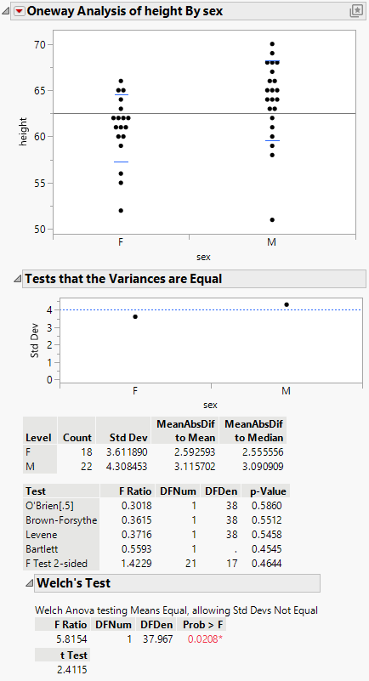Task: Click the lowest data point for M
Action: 272,219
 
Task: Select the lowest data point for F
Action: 121,210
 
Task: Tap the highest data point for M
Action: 272,43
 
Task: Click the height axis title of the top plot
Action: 25,136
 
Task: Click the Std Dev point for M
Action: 287,304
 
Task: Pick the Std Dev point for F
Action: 135,316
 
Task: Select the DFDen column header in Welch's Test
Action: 152,623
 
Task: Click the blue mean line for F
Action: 121,162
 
